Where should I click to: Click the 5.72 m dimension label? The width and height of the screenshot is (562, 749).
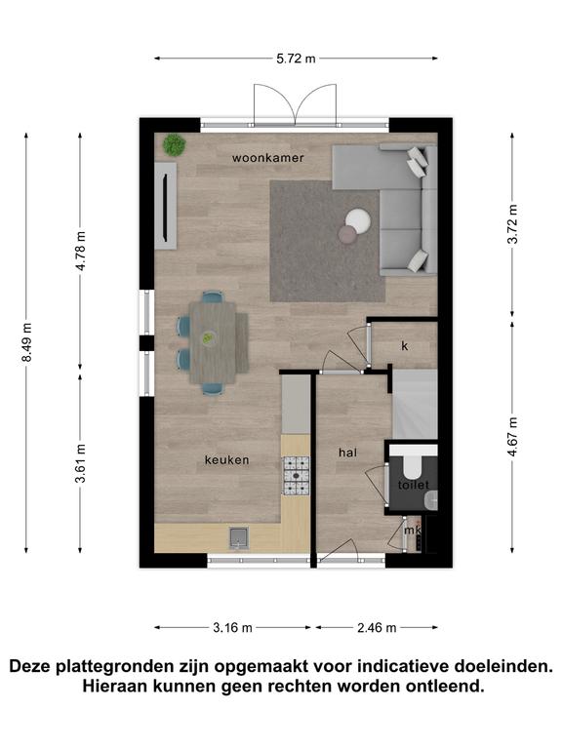296,59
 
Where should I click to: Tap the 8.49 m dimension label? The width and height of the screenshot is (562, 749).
26,342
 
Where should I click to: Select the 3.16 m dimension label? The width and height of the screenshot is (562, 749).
232,628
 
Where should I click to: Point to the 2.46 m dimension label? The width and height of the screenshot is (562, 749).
377,628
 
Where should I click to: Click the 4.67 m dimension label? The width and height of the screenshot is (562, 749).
513,437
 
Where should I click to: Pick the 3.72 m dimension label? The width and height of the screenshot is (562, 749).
513,224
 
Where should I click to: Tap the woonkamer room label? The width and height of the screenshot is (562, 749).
268,158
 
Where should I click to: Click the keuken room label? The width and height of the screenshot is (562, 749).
227,460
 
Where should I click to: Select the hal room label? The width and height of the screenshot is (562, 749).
347,453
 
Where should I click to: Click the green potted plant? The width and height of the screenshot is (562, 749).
174,144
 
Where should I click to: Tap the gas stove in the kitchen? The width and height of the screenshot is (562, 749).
297,476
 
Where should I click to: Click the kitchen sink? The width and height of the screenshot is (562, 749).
239,538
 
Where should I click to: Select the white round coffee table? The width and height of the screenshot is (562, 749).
358,221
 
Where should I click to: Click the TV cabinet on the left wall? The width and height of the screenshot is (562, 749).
165,206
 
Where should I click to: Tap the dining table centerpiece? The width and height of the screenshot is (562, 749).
208,338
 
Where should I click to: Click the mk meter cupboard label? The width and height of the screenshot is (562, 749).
413,531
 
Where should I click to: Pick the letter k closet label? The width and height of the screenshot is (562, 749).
405,346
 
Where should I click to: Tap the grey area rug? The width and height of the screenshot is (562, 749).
328,241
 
